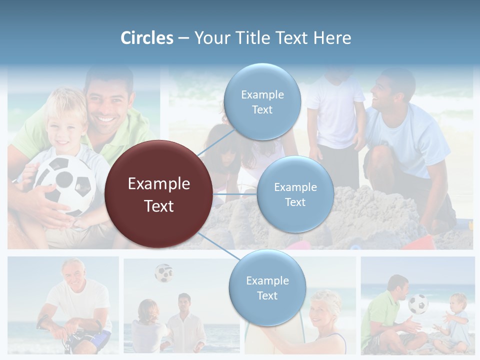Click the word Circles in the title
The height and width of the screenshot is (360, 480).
click(x=147, y=38)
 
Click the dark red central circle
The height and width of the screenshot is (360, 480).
click(x=159, y=194)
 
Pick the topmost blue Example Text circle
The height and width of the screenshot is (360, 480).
click(x=261, y=101)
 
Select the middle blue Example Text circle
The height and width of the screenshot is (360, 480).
click(x=295, y=194)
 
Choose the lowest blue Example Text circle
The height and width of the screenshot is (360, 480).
click(x=267, y=287)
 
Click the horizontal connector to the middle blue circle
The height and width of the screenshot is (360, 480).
click(x=235, y=194)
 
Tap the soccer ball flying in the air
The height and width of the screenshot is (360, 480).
click(x=163, y=273)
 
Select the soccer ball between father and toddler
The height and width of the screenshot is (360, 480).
click(x=418, y=303)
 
